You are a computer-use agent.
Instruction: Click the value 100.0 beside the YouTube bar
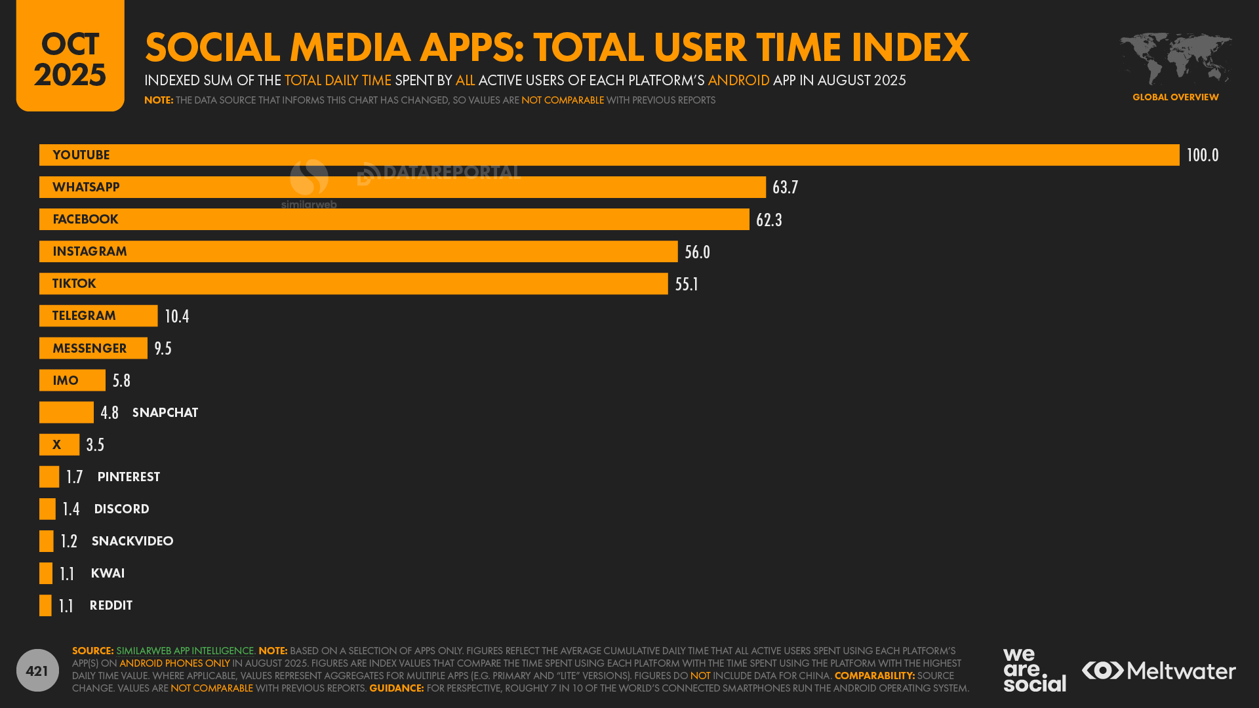(x=1202, y=155)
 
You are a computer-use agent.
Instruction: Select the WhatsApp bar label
(x=86, y=187)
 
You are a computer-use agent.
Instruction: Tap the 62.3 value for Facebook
(x=769, y=220)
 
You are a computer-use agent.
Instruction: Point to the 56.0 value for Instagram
(x=697, y=252)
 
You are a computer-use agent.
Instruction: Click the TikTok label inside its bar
(x=74, y=284)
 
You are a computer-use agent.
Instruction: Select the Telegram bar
(x=98, y=316)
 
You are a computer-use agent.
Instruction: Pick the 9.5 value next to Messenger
(x=163, y=348)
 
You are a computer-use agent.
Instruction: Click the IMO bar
(x=72, y=380)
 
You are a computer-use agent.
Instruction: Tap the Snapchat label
(x=165, y=412)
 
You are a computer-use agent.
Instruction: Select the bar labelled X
(x=59, y=444)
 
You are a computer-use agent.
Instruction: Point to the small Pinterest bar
(x=49, y=477)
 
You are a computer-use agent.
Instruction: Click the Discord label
(x=121, y=509)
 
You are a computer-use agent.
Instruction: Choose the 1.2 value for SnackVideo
(x=69, y=541)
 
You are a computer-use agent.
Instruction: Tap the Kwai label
(x=108, y=573)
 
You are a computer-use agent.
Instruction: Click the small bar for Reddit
(x=45, y=605)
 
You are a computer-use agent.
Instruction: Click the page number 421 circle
(x=37, y=670)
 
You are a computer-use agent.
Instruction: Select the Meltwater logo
(x=1159, y=671)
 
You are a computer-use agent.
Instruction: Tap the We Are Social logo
(x=1034, y=670)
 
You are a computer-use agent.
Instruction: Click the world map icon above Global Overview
(x=1175, y=58)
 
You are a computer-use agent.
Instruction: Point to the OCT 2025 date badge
(x=70, y=56)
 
